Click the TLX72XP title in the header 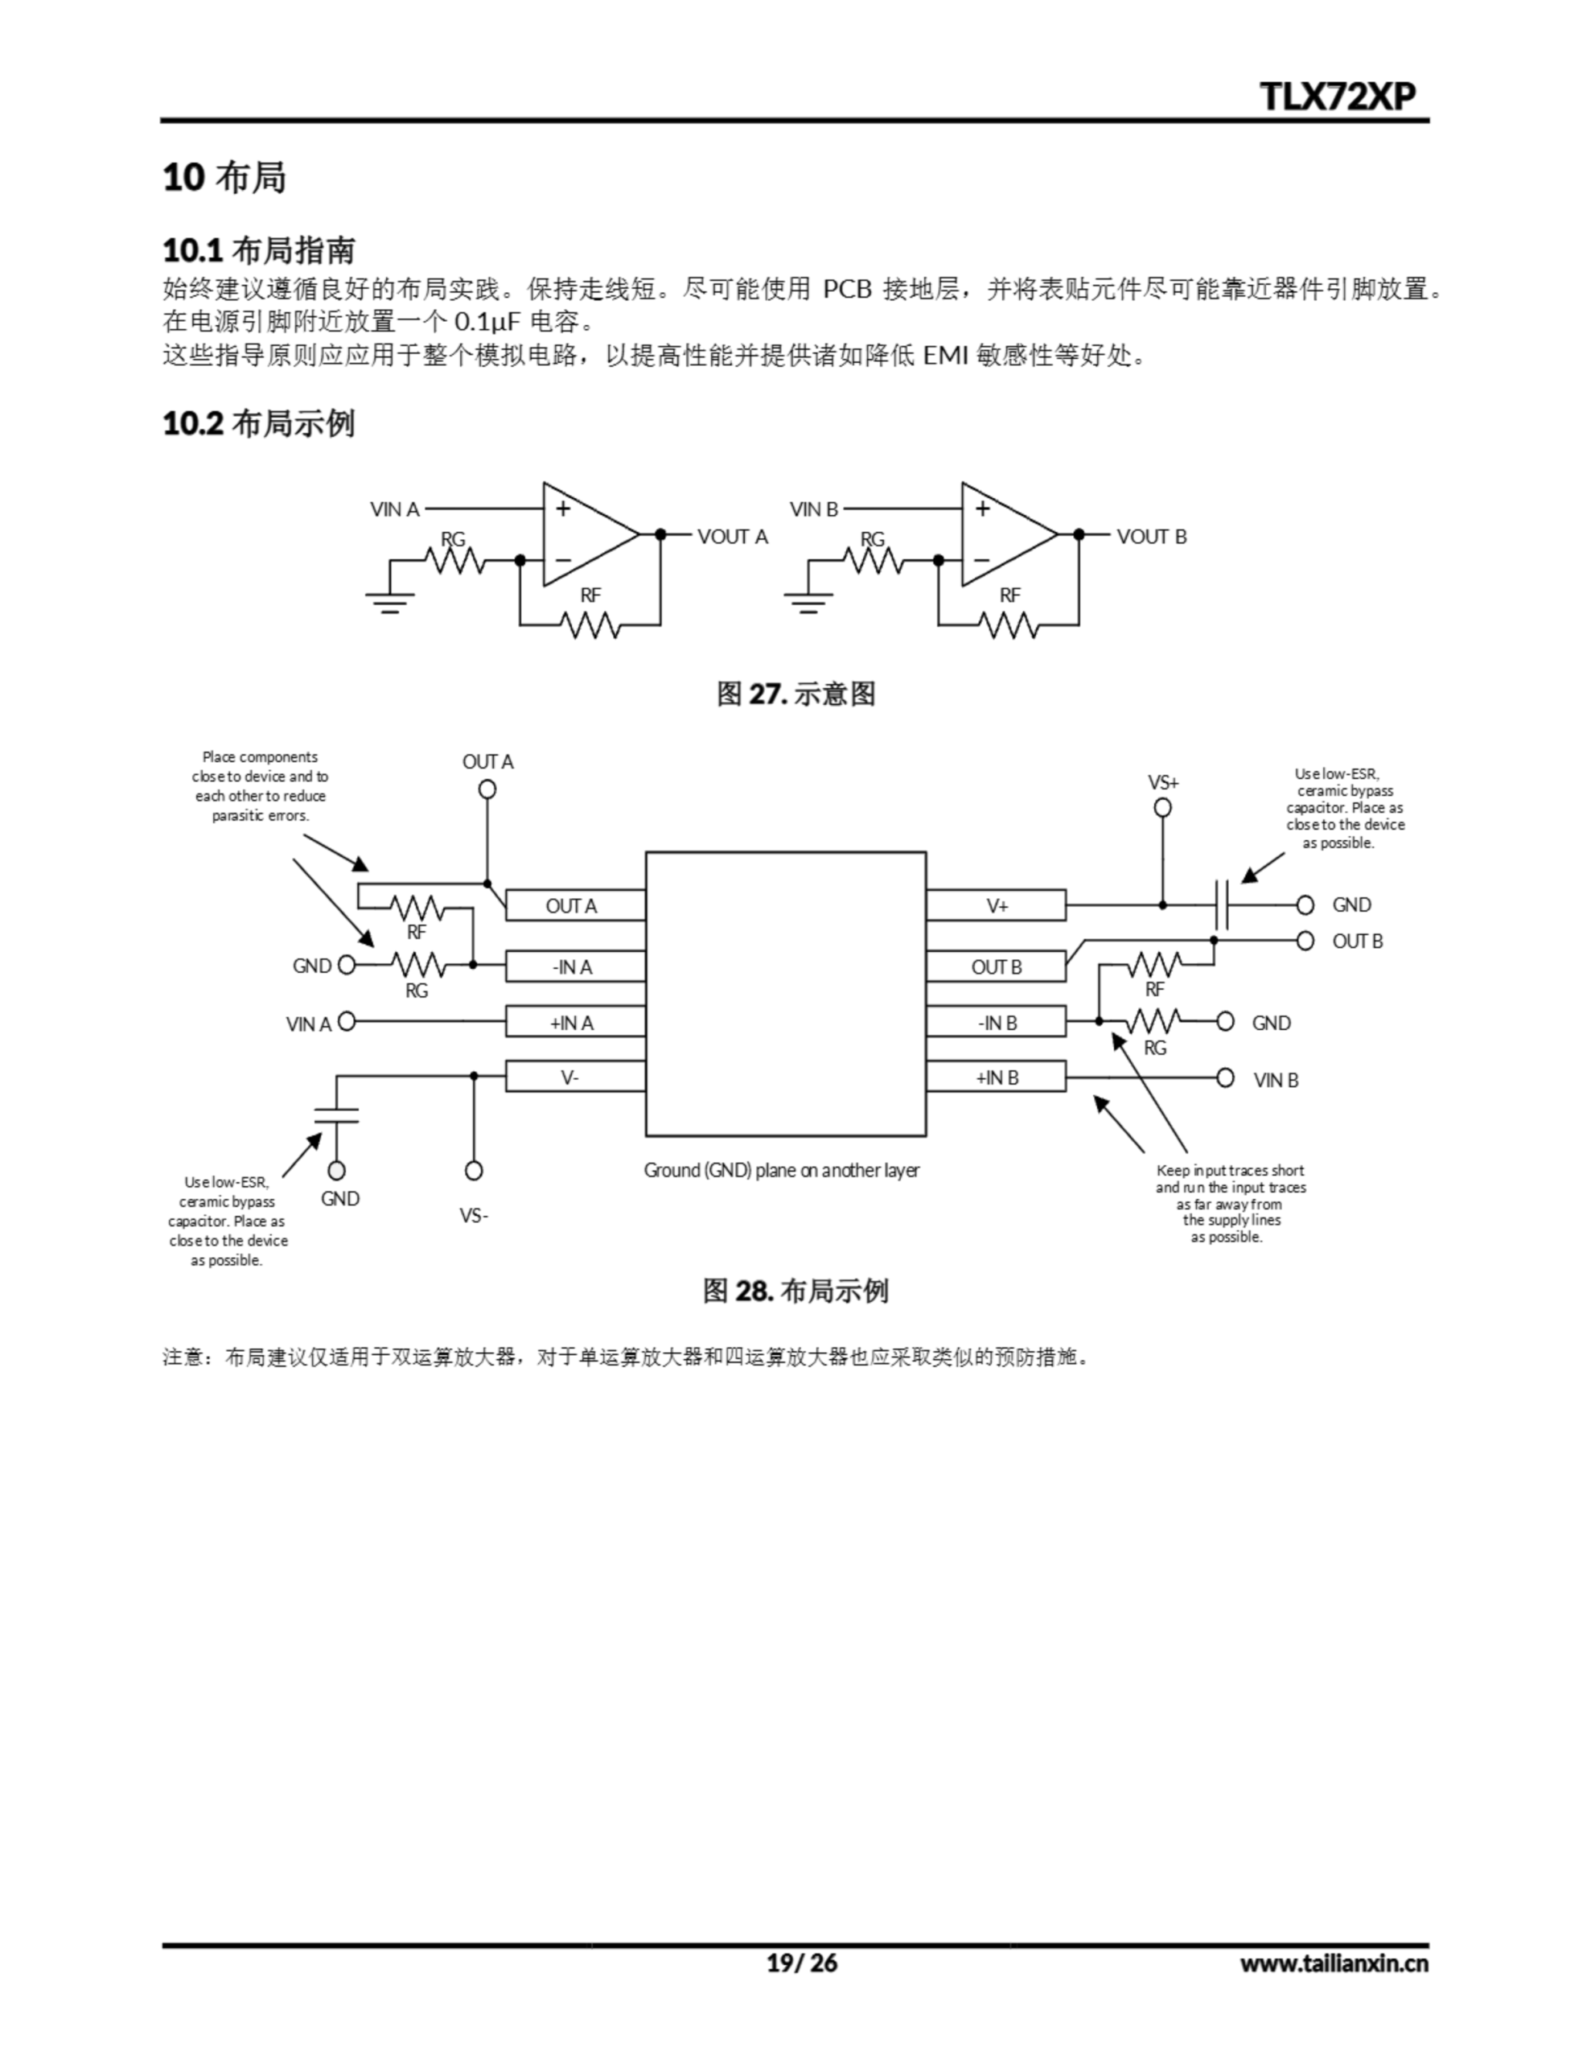click(1338, 97)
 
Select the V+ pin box click(996, 905)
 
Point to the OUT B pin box click(996, 966)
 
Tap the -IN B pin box click(996, 1023)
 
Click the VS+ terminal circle click(1163, 807)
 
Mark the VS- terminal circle click(474, 1171)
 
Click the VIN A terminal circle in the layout click(346, 1021)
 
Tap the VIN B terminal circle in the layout click(1225, 1077)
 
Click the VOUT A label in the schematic click(733, 537)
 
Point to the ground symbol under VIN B click(808, 602)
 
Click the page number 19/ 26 click(800, 1963)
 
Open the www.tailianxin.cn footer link click(1334, 1963)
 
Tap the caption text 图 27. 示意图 click(796, 694)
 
